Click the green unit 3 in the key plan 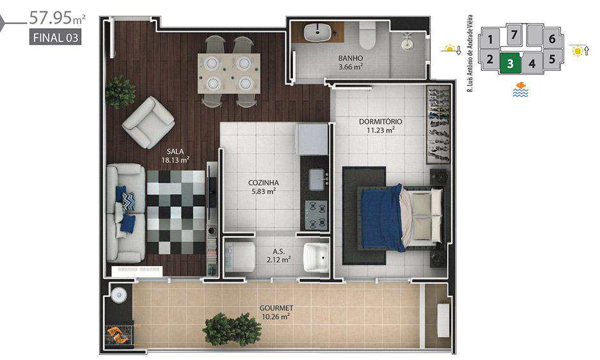tap(510, 63)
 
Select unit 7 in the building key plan tap(514, 35)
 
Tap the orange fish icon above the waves tap(520, 85)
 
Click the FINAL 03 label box tap(56, 38)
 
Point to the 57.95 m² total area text tap(57, 18)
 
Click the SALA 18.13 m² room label tap(176, 156)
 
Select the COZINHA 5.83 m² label tap(263, 187)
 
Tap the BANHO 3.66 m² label tap(350, 63)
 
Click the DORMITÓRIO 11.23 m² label tap(380, 126)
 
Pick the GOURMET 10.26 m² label tap(276, 312)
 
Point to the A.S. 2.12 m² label tap(278, 256)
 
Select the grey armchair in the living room tap(149, 122)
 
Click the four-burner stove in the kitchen tap(316, 214)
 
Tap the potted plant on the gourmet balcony tap(232, 329)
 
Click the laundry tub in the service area tap(317, 257)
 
